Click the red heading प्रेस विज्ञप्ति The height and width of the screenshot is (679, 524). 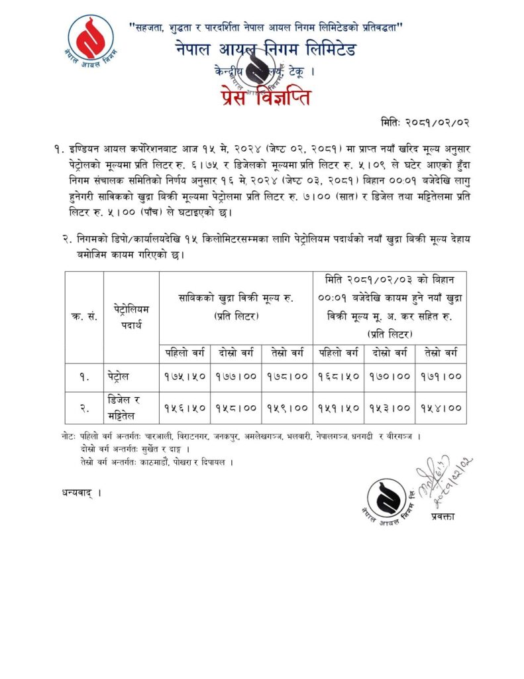(x=262, y=98)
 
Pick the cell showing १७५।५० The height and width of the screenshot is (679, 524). (x=185, y=377)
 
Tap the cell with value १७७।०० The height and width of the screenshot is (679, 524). (x=236, y=377)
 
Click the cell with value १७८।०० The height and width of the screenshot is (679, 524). (x=288, y=377)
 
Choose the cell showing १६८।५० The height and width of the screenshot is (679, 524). (x=339, y=377)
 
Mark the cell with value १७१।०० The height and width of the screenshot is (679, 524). (x=441, y=377)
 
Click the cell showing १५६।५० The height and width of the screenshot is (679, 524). (x=185, y=408)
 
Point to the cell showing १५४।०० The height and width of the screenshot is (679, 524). (x=441, y=408)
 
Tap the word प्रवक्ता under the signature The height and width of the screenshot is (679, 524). (x=441, y=515)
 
